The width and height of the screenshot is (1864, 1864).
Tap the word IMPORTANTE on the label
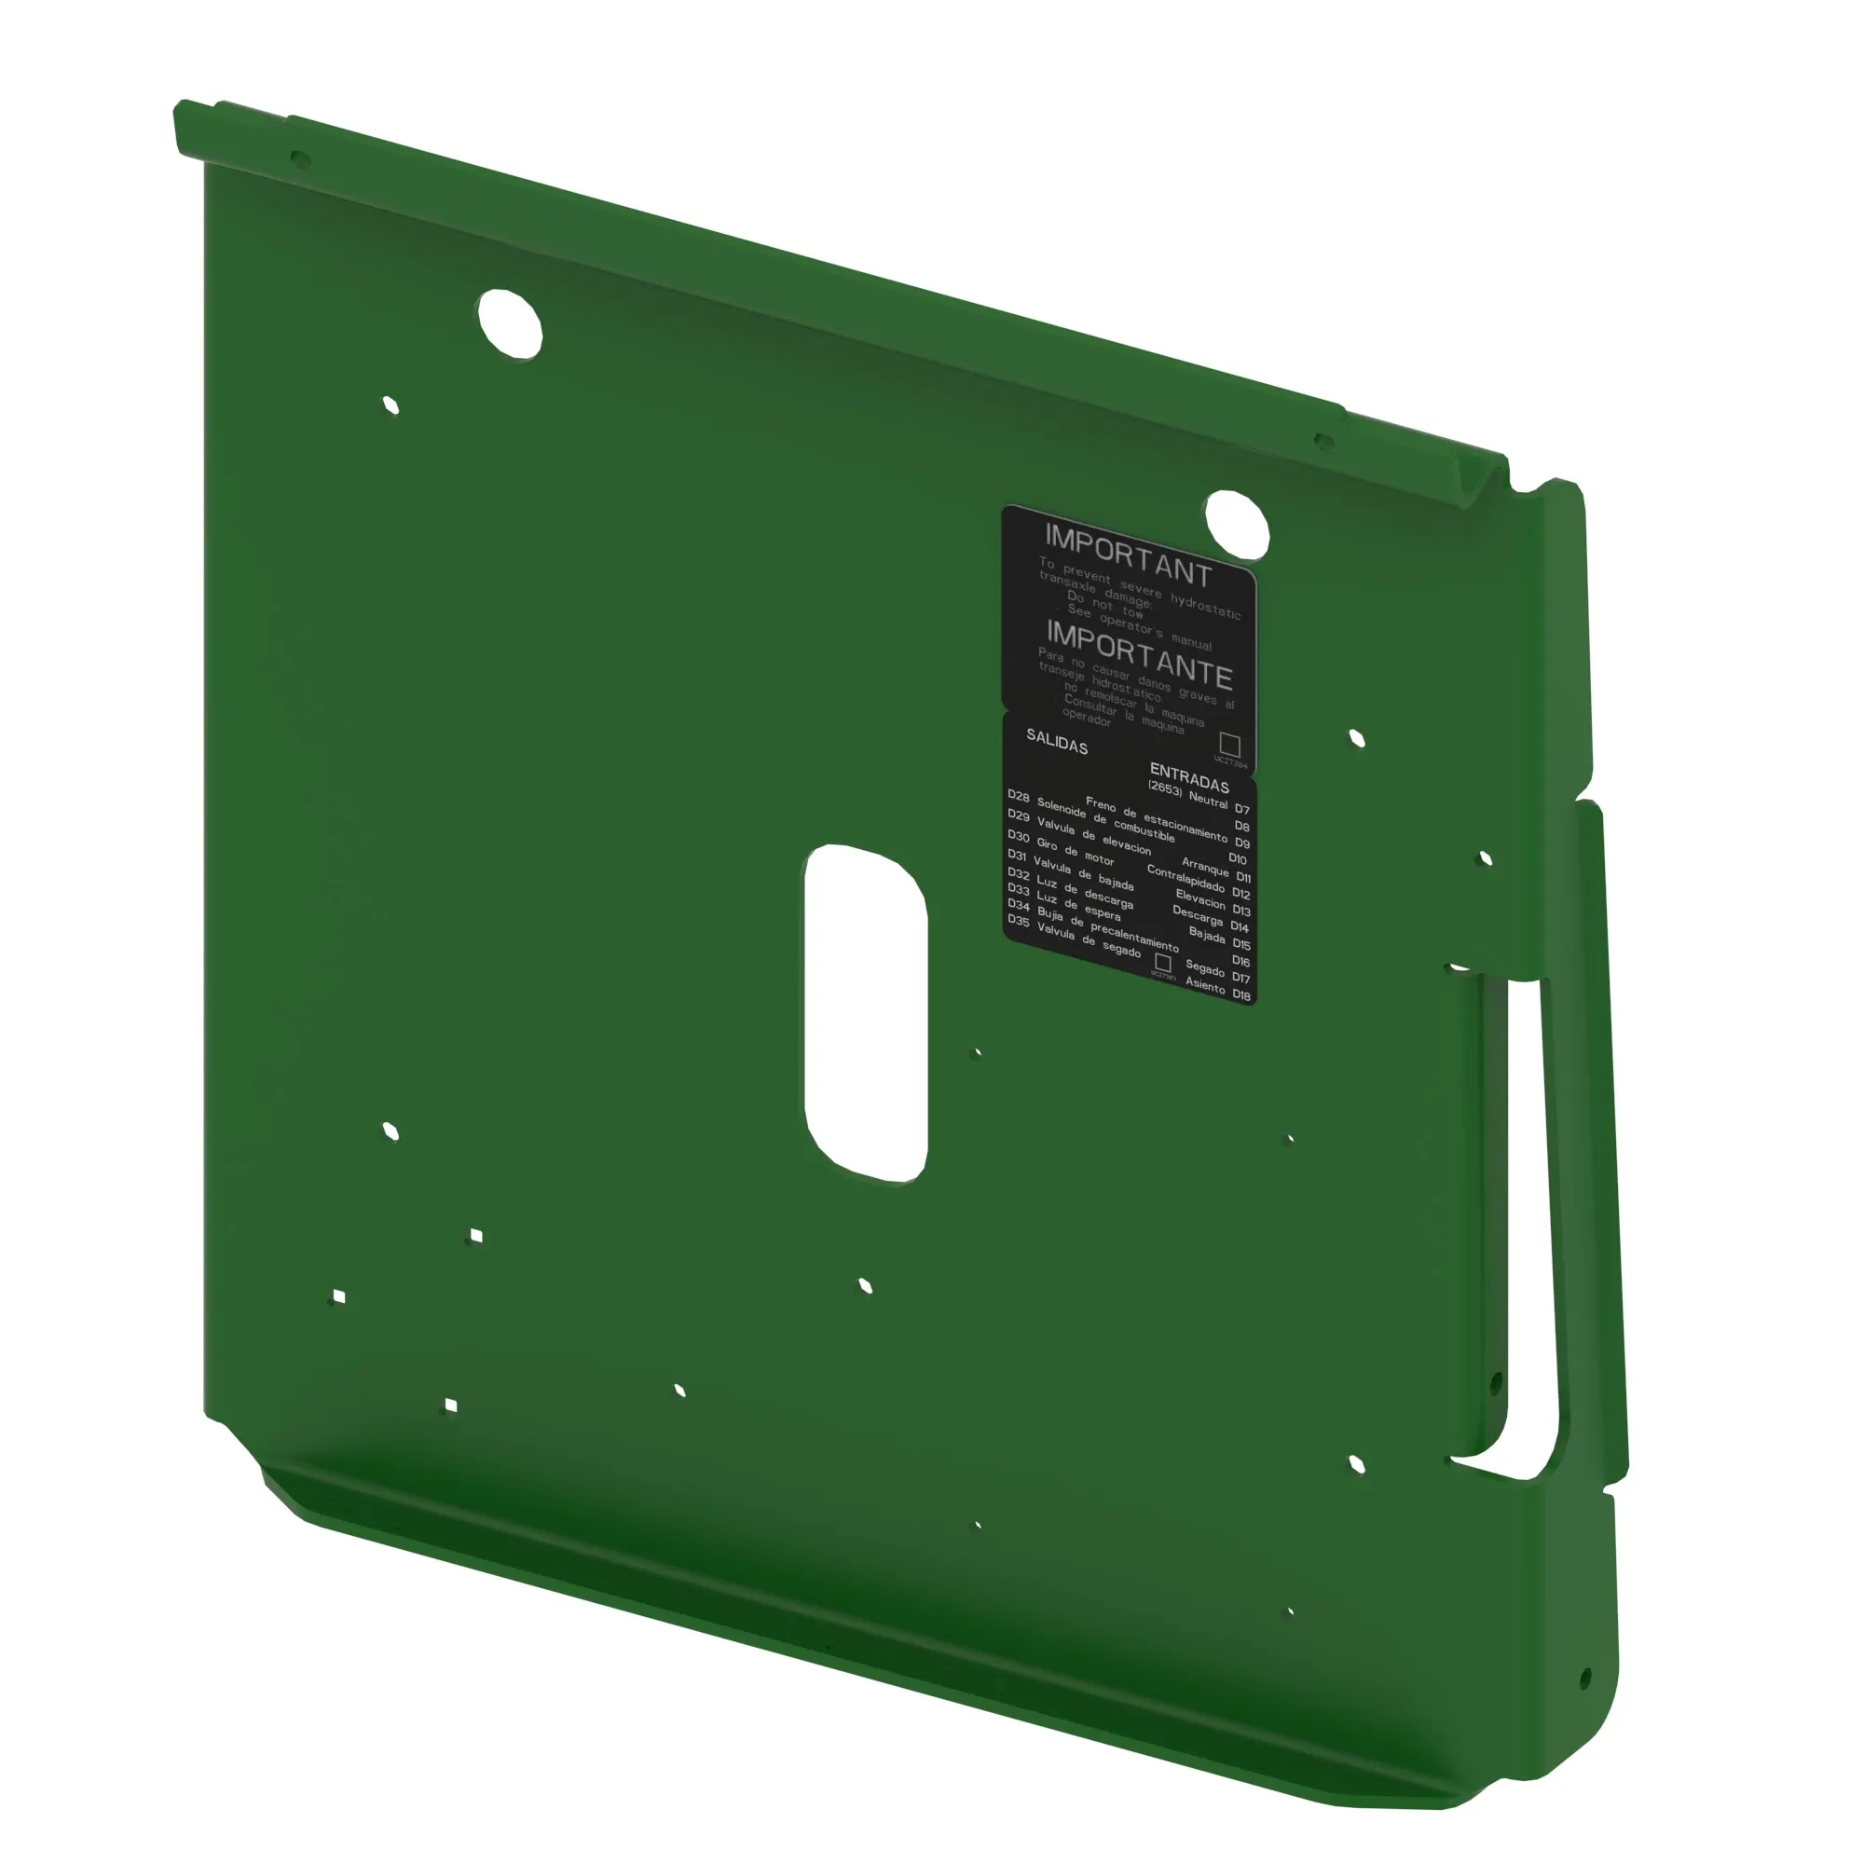(x=1139, y=655)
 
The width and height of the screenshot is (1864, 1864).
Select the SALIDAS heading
(x=1057, y=741)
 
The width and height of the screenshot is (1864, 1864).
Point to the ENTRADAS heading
(x=1188, y=776)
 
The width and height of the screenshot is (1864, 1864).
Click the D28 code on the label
(x=1018, y=795)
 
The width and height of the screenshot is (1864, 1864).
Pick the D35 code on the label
(x=1018, y=921)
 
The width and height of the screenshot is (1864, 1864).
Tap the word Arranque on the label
(x=1204, y=866)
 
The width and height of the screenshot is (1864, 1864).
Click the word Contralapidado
(x=1185, y=879)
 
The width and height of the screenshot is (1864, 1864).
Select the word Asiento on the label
(x=1205, y=983)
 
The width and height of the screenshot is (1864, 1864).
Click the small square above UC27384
(x=1229, y=744)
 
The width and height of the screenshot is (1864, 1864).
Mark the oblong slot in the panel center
(x=866, y=1013)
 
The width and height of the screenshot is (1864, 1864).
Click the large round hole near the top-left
(x=511, y=323)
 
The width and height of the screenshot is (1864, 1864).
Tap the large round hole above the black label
(x=1237, y=524)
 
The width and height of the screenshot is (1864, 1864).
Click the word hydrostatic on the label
(x=1205, y=606)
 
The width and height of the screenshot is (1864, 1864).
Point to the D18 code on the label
(x=1240, y=994)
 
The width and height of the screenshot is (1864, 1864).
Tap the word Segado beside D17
(x=1204, y=967)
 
